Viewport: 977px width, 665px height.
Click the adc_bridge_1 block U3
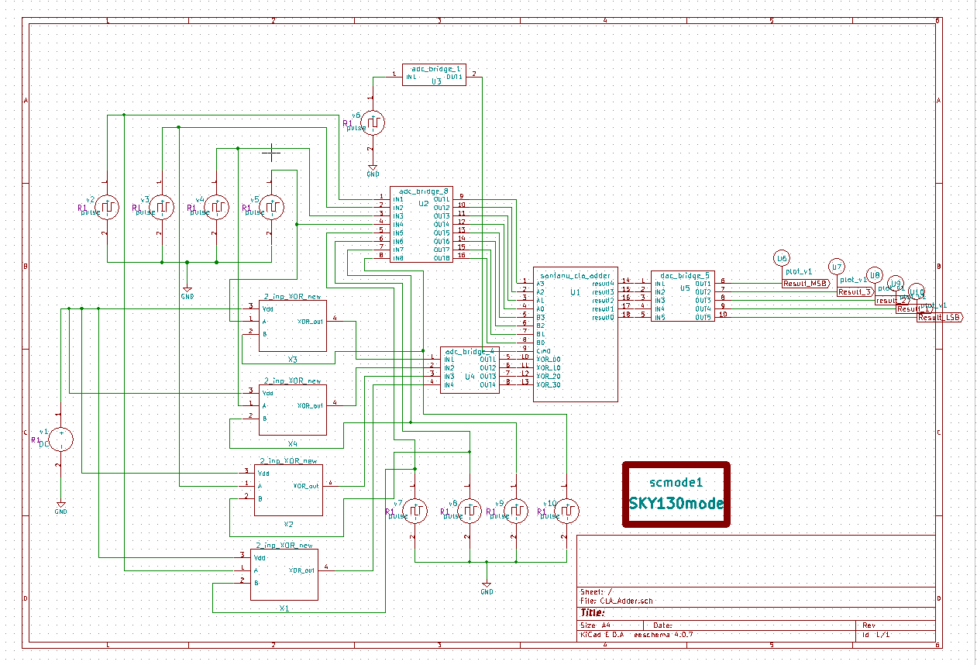[434, 75]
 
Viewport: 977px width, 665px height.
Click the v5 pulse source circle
[272, 207]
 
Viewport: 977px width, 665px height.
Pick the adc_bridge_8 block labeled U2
[421, 225]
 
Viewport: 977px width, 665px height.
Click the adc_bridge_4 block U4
[470, 370]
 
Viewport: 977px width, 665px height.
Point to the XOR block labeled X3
[292, 326]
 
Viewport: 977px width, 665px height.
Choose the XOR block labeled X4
[292, 409]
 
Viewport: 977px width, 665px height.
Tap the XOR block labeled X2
[288, 490]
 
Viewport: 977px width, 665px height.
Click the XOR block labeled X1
[284, 574]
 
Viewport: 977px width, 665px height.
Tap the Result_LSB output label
[939, 318]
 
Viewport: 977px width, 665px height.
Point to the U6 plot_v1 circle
[782, 258]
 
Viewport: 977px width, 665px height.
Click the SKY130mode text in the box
[676, 504]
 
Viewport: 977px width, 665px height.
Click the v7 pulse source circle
[416, 511]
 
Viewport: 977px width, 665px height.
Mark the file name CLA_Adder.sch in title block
[627, 601]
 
